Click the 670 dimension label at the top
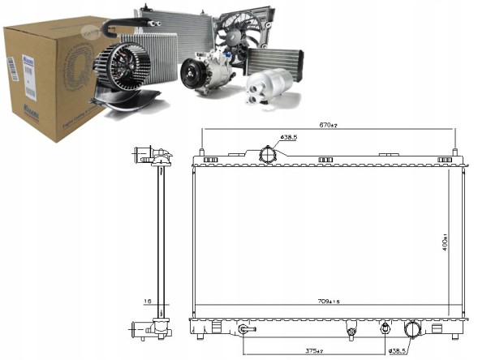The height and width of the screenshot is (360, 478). (327, 125)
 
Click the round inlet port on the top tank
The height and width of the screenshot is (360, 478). (267, 155)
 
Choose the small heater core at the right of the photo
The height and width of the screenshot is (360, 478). (274, 62)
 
